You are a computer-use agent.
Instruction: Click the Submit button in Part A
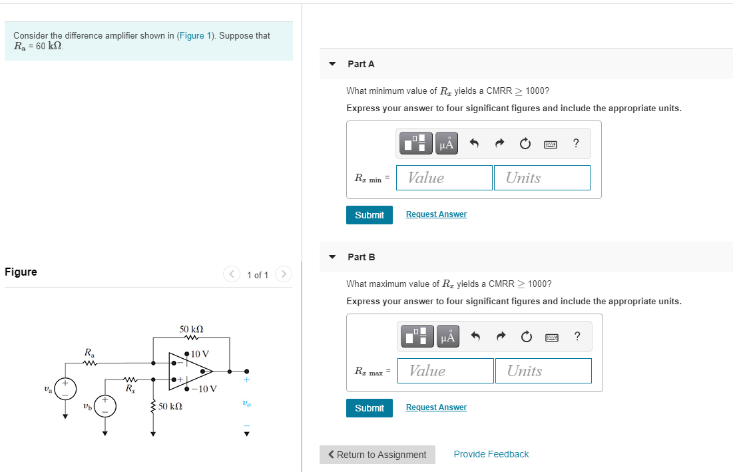[369, 215]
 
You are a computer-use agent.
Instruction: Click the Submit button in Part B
[369, 408]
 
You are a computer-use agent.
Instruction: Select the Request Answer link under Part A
[436, 214]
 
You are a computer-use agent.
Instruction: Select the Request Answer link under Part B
[436, 407]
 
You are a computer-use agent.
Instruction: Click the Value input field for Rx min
[444, 178]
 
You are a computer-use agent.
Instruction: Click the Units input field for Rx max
[543, 371]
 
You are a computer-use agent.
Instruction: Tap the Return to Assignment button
[377, 455]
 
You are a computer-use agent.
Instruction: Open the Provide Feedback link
[491, 454]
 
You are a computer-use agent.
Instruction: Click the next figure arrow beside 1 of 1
[284, 274]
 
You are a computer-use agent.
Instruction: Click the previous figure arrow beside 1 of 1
[232, 274]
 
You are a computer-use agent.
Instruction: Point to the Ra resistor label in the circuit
[89, 351]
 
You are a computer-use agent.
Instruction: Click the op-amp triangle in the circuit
[189, 371]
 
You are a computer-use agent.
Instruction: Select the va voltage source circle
[65, 389]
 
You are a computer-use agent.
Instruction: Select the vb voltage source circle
[105, 405]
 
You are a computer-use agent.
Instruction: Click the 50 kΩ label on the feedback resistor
[191, 330]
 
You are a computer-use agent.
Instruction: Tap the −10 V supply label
[205, 389]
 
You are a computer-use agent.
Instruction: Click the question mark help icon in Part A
[576, 143]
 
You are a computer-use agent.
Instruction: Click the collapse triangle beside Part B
[332, 257]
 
